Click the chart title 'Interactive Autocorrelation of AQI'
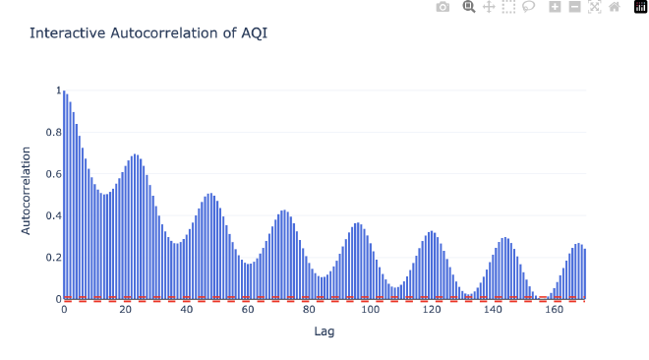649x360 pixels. [x=148, y=32]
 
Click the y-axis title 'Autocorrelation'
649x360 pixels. [x=27, y=191]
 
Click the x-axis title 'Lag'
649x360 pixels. [x=324, y=331]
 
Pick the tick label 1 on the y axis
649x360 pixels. [x=57, y=90]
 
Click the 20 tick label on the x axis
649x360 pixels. [x=125, y=310]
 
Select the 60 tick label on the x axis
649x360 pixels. [x=248, y=310]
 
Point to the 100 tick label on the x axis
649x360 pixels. [x=371, y=310]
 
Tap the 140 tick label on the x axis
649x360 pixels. [x=494, y=310]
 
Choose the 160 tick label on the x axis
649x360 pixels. [x=555, y=310]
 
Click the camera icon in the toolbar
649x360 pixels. [x=442, y=7]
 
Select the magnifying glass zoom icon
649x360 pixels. [x=469, y=7]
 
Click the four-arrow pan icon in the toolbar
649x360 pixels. [x=489, y=7]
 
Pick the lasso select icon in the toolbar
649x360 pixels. [x=528, y=7]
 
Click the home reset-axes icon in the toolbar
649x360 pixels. [x=615, y=7]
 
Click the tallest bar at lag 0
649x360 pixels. [x=64, y=197]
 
